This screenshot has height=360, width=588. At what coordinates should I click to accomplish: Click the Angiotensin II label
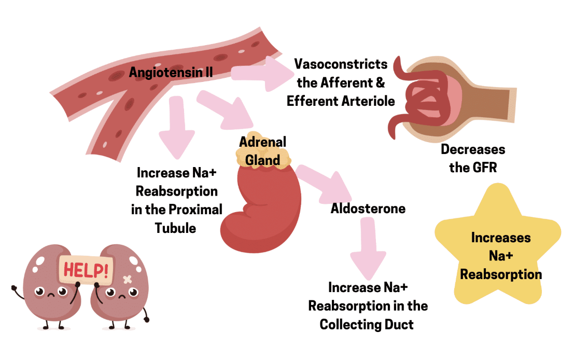coord(171,72)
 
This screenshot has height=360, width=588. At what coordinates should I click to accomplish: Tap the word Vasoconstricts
coord(341,64)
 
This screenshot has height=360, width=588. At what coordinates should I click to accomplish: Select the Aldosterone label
coord(368,209)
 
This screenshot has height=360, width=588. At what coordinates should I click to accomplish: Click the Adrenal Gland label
coord(262,150)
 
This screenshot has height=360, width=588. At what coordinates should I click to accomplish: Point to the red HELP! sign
coord(86,269)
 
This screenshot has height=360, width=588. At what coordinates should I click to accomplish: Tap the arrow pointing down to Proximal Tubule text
coord(176,127)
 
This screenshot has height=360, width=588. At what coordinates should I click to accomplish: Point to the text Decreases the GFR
coord(472,158)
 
